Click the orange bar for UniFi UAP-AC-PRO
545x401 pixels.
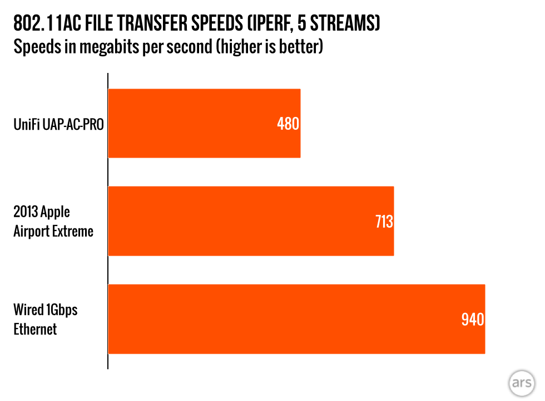pyautogui.click(x=204, y=123)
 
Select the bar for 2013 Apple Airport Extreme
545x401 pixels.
pyautogui.click(x=251, y=221)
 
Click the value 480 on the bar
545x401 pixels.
pyautogui.click(x=288, y=124)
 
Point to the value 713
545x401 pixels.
pyautogui.click(x=383, y=222)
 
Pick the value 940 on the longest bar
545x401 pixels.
pyautogui.click(x=473, y=320)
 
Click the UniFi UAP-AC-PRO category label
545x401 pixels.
pyautogui.click(x=58, y=124)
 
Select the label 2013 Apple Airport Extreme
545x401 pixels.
pyautogui.click(x=53, y=222)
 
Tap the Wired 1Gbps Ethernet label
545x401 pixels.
pyautogui.click(x=45, y=319)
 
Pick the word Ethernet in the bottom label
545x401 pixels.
pyautogui.click(x=35, y=329)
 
